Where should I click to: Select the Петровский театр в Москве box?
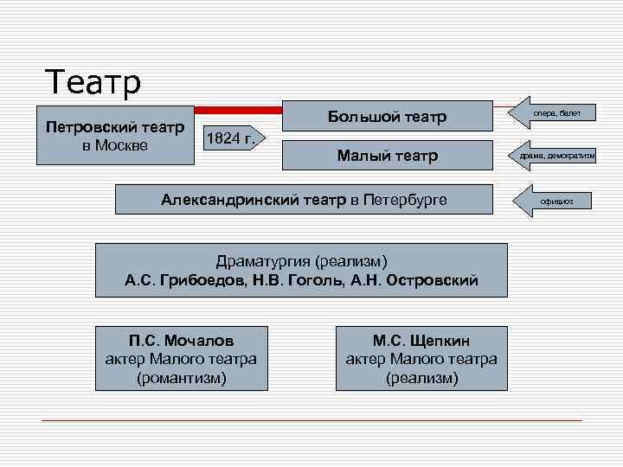click(114, 136)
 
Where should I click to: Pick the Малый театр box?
click(387, 156)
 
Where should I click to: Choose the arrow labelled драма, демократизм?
click(557, 156)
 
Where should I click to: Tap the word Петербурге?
click(405, 200)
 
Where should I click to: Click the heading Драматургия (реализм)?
click(301, 260)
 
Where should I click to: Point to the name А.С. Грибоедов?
click(181, 281)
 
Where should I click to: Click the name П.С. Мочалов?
click(181, 340)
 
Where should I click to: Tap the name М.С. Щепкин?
click(421, 340)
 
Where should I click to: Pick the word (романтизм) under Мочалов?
click(181, 378)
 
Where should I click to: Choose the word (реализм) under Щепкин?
click(421, 378)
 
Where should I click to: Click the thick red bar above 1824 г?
click(239, 111)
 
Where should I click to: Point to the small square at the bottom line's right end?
click(585, 420)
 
